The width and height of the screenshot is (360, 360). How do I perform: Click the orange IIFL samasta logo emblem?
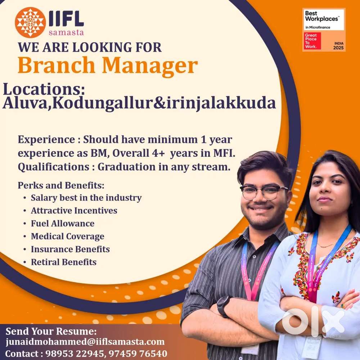pos(30,22)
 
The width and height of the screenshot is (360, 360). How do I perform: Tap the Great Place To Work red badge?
pos(312,41)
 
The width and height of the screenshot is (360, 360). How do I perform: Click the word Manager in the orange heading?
pos(150,66)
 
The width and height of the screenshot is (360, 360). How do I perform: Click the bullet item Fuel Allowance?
pos(62,224)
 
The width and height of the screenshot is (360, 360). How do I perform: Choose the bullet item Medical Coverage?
pos(67,237)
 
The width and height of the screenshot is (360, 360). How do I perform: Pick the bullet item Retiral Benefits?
pos(63,262)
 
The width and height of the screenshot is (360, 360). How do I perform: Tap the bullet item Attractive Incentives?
pos(74,211)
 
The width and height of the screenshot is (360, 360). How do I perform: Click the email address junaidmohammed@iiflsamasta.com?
pos(85,342)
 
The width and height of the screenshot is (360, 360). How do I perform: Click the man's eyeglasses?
pos(264,192)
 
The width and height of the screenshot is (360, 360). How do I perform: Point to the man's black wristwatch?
pos(224,306)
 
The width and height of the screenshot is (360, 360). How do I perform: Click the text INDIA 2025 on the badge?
pos(338,45)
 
